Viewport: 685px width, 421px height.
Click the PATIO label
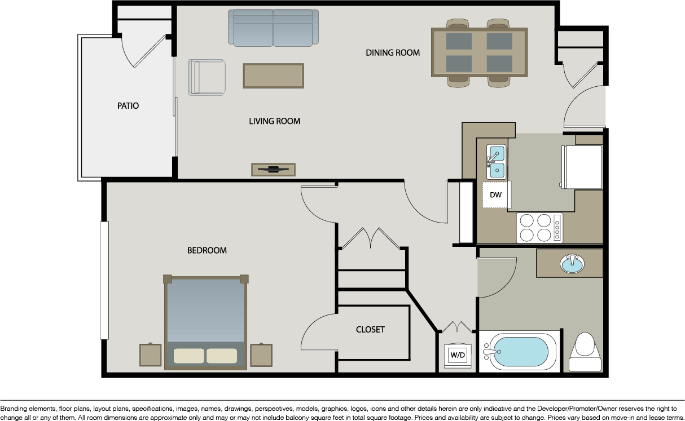point(128,106)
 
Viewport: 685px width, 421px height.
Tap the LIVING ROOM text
point(275,121)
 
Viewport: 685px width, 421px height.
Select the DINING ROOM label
point(393,53)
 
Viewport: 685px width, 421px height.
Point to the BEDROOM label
point(207,251)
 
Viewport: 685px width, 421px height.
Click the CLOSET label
point(370,329)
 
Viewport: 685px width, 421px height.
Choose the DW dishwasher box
point(495,194)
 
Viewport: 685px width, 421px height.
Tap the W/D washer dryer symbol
point(458,355)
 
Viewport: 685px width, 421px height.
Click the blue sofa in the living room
point(273,28)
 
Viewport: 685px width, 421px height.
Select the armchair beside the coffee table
point(207,77)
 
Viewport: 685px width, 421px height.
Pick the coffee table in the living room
point(274,76)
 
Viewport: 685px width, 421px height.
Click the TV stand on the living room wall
point(274,170)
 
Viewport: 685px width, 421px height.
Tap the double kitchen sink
point(496,162)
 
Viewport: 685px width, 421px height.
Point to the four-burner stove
point(539,228)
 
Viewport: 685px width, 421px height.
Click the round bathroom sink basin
point(572,264)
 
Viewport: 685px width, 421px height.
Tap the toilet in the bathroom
point(585,352)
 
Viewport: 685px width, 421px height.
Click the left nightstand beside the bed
point(151,354)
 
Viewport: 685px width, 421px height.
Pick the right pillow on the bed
point(222,356)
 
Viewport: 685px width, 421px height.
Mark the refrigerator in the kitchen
point(582,167)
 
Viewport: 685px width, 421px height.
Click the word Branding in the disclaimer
point(14,409)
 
